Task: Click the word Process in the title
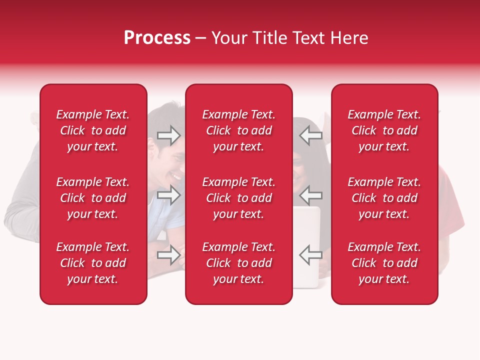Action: coord(157,38)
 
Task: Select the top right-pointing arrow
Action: coord(169,135)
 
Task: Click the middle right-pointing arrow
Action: coord(169,195)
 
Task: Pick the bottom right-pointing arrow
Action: coord(169,255)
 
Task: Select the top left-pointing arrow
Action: coord(310,135)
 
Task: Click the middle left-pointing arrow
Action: coord(310,195)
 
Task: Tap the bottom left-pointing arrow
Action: coord(310,255)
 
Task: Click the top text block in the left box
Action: coord(93,130)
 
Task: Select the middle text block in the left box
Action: coord(93,198)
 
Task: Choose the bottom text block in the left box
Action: coord(93,263)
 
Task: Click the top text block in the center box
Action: coord(238,130)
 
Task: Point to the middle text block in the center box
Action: coord(238,198)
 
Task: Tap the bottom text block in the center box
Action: coord(238,263)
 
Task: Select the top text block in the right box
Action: coord(384,130)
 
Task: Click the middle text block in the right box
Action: coord(384,198)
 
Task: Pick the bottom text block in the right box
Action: coord(384,263)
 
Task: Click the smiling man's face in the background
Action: coord(170,160)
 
